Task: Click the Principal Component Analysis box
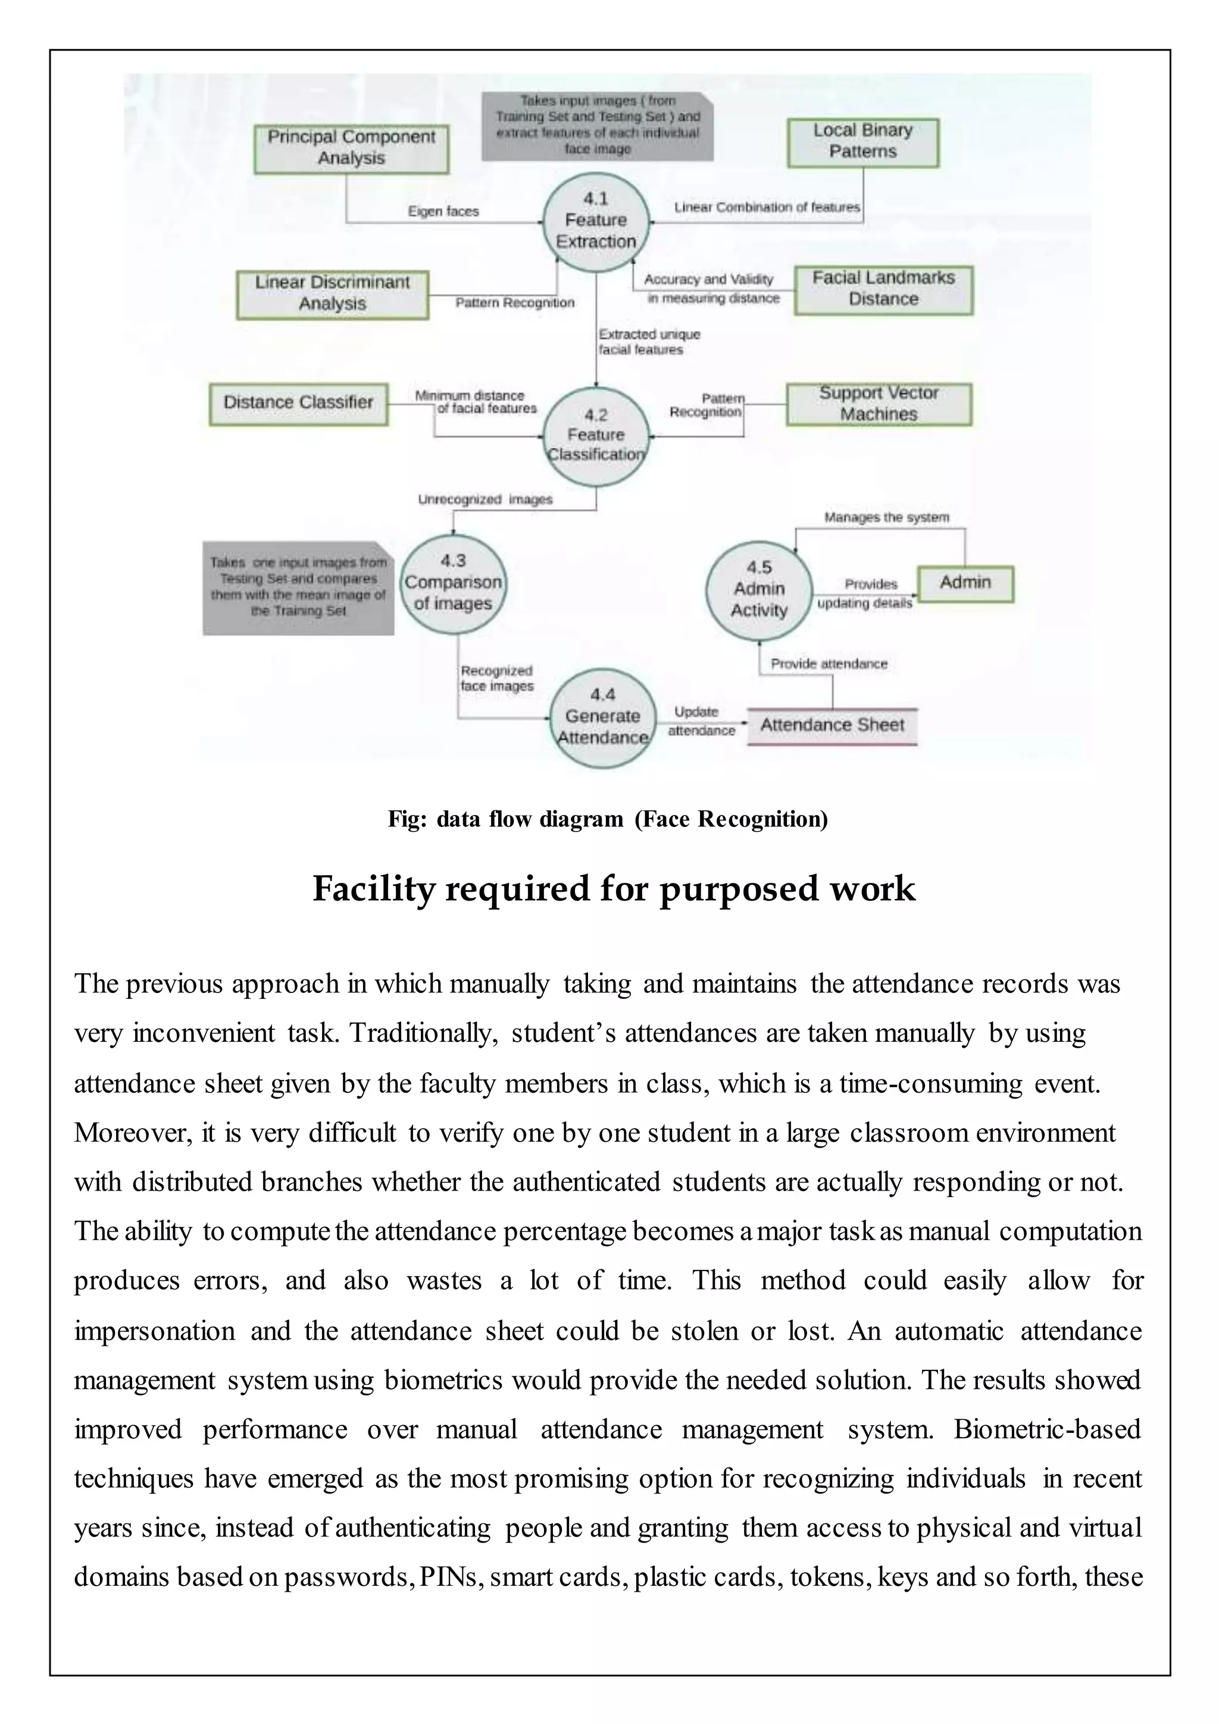(351, 149)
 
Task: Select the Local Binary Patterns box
(862, 142)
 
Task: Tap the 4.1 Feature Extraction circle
(596, 220)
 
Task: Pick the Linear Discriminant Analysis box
(333, 294)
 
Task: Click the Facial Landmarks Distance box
(883, 289)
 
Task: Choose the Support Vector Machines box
(878, 404)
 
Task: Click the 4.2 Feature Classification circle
(596, 436)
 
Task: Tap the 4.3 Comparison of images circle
(452, 583)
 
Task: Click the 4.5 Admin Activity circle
(759, 590)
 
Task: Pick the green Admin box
(965, 583)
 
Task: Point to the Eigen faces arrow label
(443, 212)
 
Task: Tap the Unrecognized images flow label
(485, 500)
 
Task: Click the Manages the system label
(886, 517)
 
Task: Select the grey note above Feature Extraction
(597, 126)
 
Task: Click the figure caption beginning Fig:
(608, 819)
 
